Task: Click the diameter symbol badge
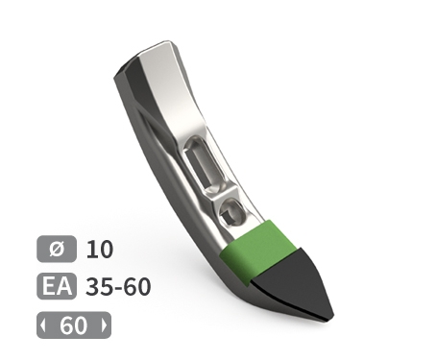(x=56, y=250)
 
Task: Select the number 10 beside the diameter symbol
(x=100, y=250)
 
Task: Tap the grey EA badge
(x=56, y=287)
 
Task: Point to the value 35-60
(x=118, y=287)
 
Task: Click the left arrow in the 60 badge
(x=43, y=325)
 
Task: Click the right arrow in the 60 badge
(x=104, y=325)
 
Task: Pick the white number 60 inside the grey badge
(x=73, y=325)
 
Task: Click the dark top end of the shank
(x=130, y=73)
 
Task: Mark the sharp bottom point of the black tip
(x=329, y=318)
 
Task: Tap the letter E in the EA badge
(x=49, y=287)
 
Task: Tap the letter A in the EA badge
(x=63, y=287)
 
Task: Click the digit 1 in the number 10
(x=92, y=250)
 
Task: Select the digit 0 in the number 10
(x=106, y=250)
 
